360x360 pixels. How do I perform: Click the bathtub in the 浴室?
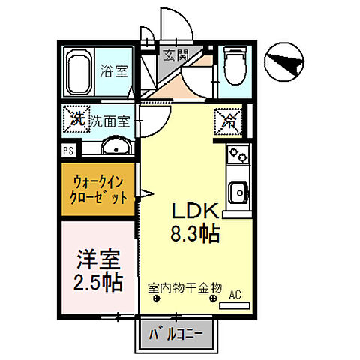78,73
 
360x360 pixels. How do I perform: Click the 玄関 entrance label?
178,55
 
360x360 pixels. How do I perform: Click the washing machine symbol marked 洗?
76,118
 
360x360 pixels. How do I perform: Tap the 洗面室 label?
111,119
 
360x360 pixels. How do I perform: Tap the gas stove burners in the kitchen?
237,156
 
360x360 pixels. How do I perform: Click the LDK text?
197,211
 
